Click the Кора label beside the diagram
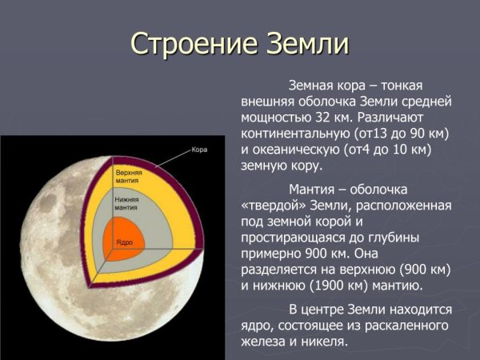click(199, 150)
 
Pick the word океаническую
click(305, 150)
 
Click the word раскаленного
click(407, 326)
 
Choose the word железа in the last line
click(263, 342)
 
